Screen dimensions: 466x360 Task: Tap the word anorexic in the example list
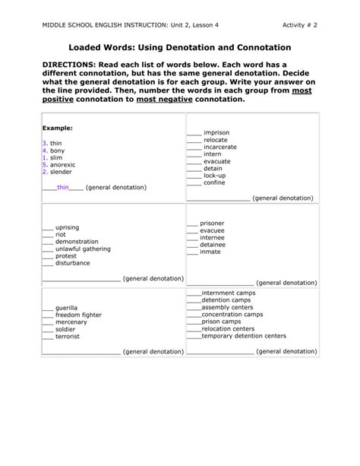[66, 164]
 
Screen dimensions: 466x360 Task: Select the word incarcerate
[220, 147]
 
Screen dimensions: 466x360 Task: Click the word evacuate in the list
[217, 161]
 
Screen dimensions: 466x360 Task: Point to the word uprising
[71, 227]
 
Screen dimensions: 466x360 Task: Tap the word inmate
[210, 252]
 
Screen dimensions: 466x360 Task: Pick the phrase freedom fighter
[83, 315]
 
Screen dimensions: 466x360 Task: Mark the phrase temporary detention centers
[244, 335]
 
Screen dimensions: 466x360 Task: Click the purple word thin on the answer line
[63, 186]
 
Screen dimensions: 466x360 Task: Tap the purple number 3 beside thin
[45, 143]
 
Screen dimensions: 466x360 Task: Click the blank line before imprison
[194, 133]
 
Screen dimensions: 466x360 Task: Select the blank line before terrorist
[47, 336]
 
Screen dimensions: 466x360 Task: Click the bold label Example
[56, 128]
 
